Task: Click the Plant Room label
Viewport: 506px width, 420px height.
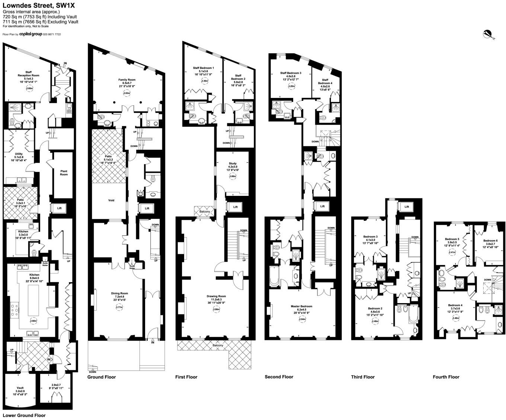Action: click(64, 173)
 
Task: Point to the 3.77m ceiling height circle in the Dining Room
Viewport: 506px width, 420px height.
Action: click(119, 307)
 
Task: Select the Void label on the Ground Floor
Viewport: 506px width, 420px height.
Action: click(111, 200)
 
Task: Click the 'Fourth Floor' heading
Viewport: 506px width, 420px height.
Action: click(446, 377)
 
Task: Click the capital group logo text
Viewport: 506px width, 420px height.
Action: click(31, 34)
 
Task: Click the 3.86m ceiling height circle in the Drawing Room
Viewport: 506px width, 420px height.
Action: click(216, 309)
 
